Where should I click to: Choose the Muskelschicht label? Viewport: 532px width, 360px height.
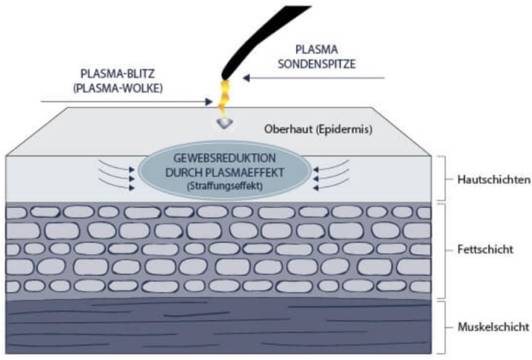(x=493, y=327)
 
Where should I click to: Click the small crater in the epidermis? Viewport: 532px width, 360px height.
(x=225, y=124)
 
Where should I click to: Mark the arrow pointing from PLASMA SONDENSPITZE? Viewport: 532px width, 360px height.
(x=313, y=78)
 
